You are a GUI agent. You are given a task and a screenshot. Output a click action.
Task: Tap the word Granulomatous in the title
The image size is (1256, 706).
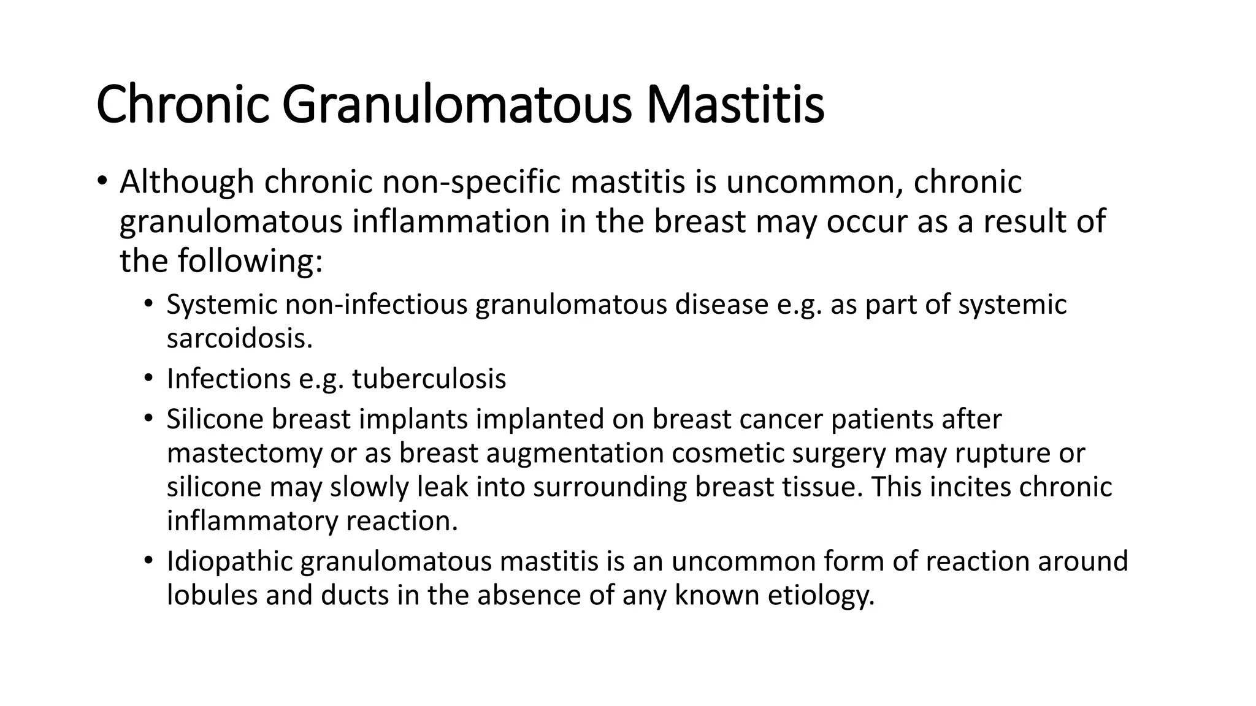456,105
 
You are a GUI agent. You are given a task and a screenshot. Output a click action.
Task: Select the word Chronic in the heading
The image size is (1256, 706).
183,105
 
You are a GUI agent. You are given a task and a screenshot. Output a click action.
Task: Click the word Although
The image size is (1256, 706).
187,182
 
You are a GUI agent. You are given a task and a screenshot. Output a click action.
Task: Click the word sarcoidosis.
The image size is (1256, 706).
240,338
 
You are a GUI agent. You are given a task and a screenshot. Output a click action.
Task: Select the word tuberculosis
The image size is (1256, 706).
429,379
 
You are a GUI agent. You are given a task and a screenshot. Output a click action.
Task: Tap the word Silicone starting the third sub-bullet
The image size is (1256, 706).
214,419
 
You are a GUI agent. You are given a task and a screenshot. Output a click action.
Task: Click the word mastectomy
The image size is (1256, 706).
243,454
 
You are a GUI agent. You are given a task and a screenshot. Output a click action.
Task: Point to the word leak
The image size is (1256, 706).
442,487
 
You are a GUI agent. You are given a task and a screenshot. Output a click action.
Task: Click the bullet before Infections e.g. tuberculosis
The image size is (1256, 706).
148,379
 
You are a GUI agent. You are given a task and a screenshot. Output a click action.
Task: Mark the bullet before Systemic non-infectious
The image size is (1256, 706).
148,305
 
